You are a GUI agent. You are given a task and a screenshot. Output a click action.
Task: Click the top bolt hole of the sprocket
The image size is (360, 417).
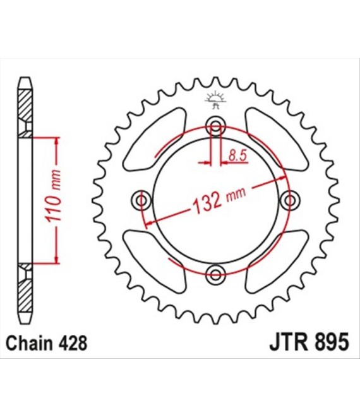point(215,126)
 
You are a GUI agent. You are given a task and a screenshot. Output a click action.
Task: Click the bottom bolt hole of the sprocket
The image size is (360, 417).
point(215,274)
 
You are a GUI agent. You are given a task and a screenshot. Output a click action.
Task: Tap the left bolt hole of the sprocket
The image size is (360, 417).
point(141,200)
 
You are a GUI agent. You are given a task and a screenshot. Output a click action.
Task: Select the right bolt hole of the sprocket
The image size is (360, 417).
point(290,200)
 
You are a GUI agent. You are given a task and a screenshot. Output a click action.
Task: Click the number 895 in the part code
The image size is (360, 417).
point(332,343)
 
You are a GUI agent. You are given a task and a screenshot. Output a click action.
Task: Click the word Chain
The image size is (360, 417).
point(29,343)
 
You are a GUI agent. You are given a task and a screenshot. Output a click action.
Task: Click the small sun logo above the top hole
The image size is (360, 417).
point(215,99)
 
